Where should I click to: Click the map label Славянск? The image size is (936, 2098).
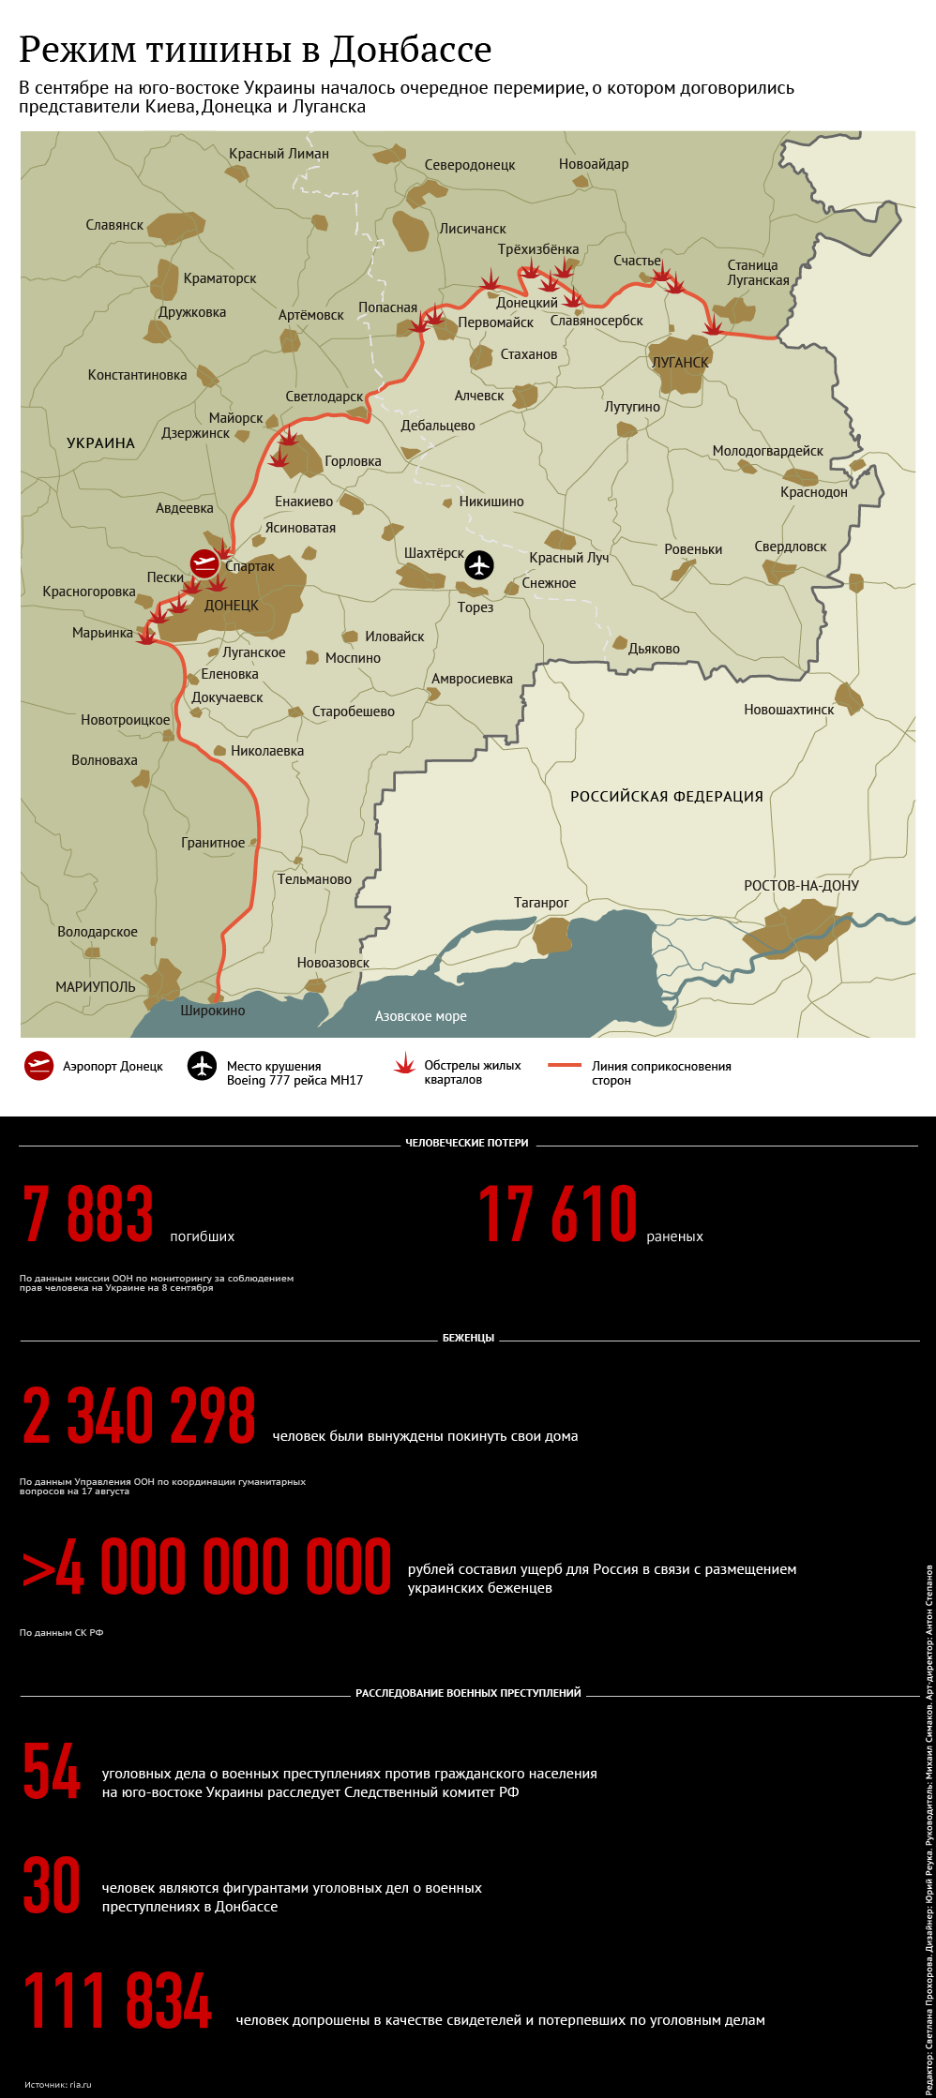pos(114,225)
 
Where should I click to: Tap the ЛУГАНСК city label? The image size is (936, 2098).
pos(680,363)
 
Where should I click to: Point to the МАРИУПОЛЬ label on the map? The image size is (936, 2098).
pos(96,987)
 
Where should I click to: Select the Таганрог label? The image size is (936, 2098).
pos(541,903)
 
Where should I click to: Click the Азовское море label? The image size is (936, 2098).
pos(420,1016)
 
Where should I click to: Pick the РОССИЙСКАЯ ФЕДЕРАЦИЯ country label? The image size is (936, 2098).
pos(667,797)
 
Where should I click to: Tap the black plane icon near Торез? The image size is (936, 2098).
pos(479,565)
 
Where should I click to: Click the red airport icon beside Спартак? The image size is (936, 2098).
pos(204,563)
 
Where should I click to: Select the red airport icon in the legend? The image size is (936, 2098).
pos(38,1066)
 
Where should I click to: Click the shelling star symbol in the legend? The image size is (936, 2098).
pos(404,1064)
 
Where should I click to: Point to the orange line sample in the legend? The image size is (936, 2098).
pos(565,1066)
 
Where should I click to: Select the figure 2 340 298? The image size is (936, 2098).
pos(139,1416)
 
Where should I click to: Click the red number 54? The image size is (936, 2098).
pos(52,1772)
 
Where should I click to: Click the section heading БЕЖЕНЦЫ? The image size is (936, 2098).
pos(468,1338)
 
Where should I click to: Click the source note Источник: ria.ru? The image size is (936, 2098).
pos(58,2084)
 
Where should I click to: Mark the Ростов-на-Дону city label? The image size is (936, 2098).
pos(801,886)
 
